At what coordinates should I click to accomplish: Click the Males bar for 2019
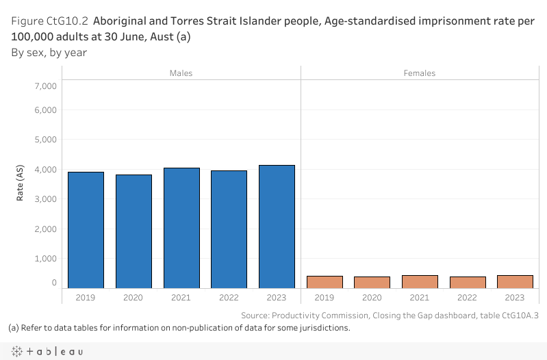[86, 230]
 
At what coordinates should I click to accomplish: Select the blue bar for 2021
[181, 228]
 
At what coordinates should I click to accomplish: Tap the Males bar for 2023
[277, 227]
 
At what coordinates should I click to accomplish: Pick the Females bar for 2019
[325, 282]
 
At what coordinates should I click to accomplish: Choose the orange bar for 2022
[468, 282]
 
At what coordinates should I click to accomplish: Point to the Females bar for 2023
[515, 281]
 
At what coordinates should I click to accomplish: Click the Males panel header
[181, 73]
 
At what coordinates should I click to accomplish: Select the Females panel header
[420, 73]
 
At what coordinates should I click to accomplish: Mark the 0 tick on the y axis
[54, 283]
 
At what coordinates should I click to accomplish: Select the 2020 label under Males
[133, 298]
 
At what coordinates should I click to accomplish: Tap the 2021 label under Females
[420, 298]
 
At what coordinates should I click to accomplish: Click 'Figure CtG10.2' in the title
[45, 21]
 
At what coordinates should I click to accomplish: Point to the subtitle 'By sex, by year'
[49, 52]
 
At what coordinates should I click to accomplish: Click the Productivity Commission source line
[390, 316]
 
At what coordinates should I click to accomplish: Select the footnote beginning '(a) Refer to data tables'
[179, 328]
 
